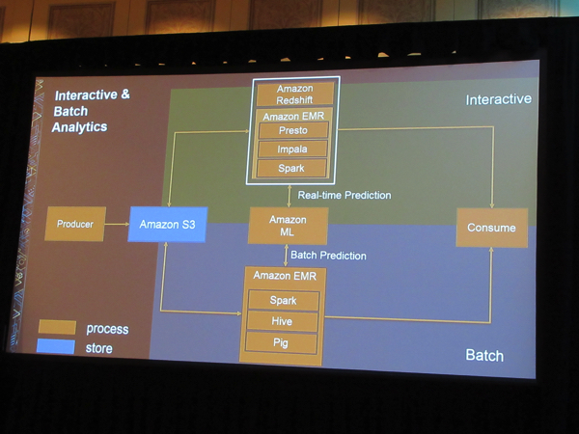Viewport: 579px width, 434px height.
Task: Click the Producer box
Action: [75, 224]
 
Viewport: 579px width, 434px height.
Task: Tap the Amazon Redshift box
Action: [294, 94]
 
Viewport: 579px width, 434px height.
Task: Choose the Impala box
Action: [293, 149]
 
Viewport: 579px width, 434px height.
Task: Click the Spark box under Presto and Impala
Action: [293, 168]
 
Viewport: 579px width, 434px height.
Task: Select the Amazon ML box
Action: [288, 226]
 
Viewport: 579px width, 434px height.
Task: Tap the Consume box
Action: [491, 228]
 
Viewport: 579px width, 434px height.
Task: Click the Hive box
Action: [283, 321]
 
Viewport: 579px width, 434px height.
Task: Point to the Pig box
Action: [283, 341]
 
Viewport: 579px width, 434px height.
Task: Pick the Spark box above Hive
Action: [283, 300]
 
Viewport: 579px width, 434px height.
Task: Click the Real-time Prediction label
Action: [345, 195]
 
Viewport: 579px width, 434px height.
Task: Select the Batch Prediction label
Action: [328, 256]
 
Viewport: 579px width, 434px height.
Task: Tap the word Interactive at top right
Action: [498, 99]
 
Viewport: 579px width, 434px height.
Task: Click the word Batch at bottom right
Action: [484, 355]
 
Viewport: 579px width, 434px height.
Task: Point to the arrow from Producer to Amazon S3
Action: [117, 224]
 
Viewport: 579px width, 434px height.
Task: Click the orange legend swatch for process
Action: [56, 328]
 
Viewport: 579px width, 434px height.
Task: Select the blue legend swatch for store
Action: [56, 346]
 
